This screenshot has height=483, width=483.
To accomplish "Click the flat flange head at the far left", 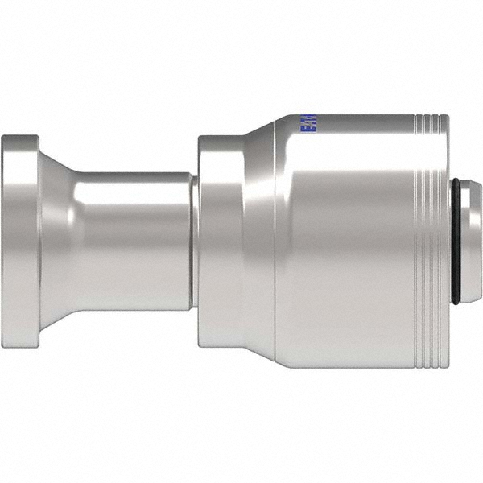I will (20, 242).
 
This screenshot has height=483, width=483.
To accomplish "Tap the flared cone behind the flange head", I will (55, 242).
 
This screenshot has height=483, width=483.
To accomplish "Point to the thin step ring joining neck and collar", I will (194, 242).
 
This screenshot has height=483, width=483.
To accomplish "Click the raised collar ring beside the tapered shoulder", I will (219, 242).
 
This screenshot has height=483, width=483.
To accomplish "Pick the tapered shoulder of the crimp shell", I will (259, 242).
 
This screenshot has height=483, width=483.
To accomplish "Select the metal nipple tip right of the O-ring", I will (473, 242).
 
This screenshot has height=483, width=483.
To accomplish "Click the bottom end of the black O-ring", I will (456, 301).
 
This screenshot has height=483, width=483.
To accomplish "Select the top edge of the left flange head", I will (20, 137).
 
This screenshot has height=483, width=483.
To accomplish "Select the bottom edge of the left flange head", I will (20, 346).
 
